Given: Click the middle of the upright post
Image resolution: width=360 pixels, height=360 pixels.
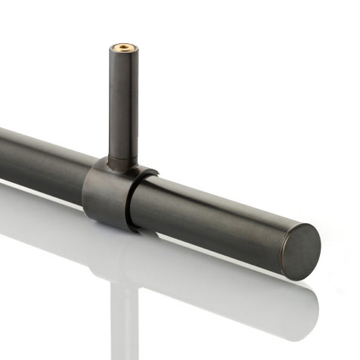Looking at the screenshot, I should (121, 106).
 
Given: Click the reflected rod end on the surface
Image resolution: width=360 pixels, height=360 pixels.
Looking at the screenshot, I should (299, 306).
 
